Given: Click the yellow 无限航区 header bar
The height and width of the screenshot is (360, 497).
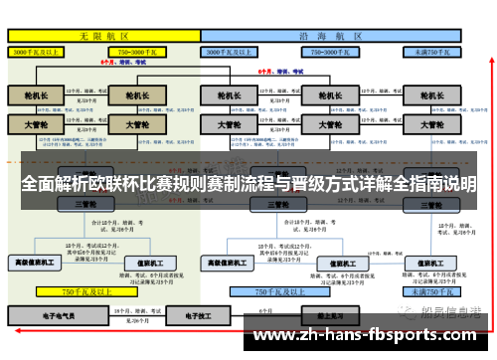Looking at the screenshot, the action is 103,35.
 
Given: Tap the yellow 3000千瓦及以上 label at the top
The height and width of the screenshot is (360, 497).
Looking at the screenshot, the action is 38,51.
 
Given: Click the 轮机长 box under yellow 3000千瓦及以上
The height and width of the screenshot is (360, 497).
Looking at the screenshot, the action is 35,96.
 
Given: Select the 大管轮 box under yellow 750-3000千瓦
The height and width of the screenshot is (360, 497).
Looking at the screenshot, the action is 130,125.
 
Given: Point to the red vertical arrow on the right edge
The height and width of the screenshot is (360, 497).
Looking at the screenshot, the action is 489,149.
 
